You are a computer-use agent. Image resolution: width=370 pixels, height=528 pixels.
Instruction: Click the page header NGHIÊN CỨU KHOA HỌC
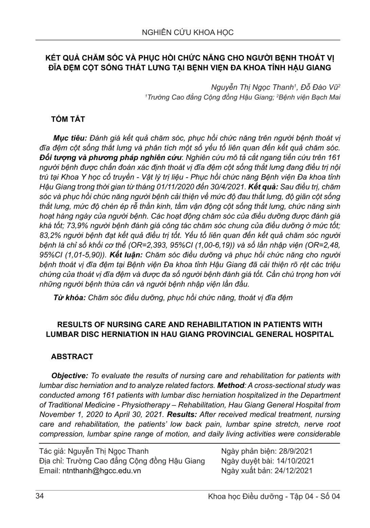(x=188, y=33)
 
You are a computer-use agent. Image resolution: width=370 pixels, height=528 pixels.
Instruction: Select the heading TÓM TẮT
(x=68, y=119)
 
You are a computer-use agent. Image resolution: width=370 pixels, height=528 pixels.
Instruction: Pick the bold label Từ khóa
(x=69, y=298)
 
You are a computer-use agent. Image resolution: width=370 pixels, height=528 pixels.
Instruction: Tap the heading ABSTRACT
(x=72, y=356)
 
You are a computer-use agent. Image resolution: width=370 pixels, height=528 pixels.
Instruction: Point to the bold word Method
(x=231, y=385)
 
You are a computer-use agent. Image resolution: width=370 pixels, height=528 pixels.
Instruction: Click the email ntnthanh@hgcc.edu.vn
(x=102, y=471)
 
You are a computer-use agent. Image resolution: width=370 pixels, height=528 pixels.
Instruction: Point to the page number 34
(x=39, y=496)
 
